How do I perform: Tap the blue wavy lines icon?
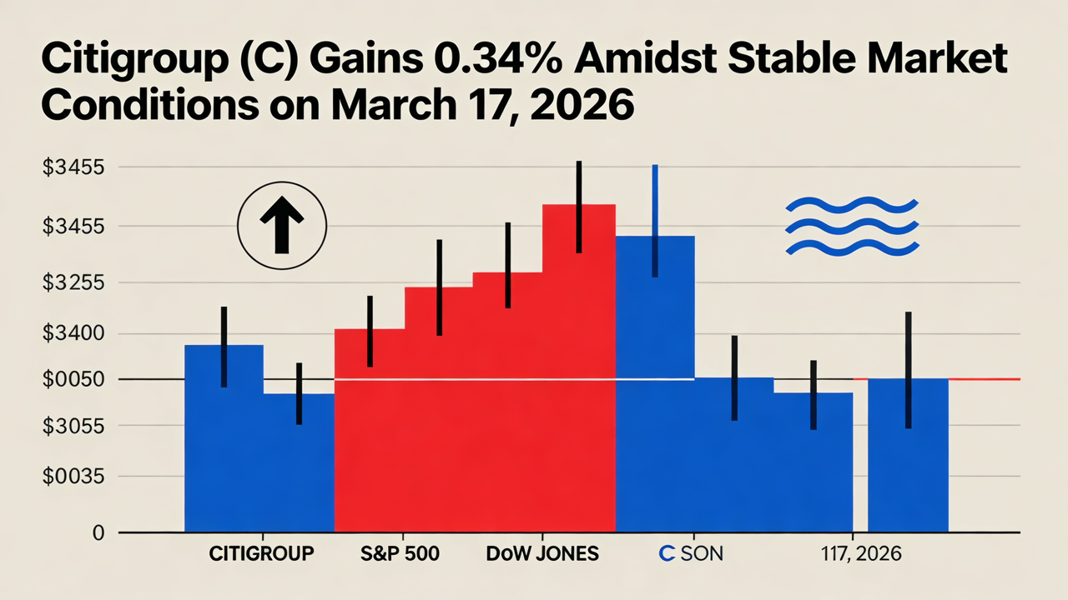[x=853, y=225]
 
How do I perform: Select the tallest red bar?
[x=578, y=367]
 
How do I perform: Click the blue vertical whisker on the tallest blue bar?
[x=655, y=220]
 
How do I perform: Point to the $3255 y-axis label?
[x=73, y=282]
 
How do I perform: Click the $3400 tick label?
[x=73, y=334]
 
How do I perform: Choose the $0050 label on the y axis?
[x=73, y=380]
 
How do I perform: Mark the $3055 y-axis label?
[x=73, y=427]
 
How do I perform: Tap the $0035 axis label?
[x=73, y=477]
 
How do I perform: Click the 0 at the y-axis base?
[x=98, y=533]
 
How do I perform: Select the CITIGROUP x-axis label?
[x=261, y=554]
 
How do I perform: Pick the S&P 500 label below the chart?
[x=400, y=554]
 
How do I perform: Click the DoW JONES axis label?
[x=542, y=554]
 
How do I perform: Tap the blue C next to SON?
[x=667, y=554]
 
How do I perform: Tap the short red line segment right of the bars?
[x=985, y=379]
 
